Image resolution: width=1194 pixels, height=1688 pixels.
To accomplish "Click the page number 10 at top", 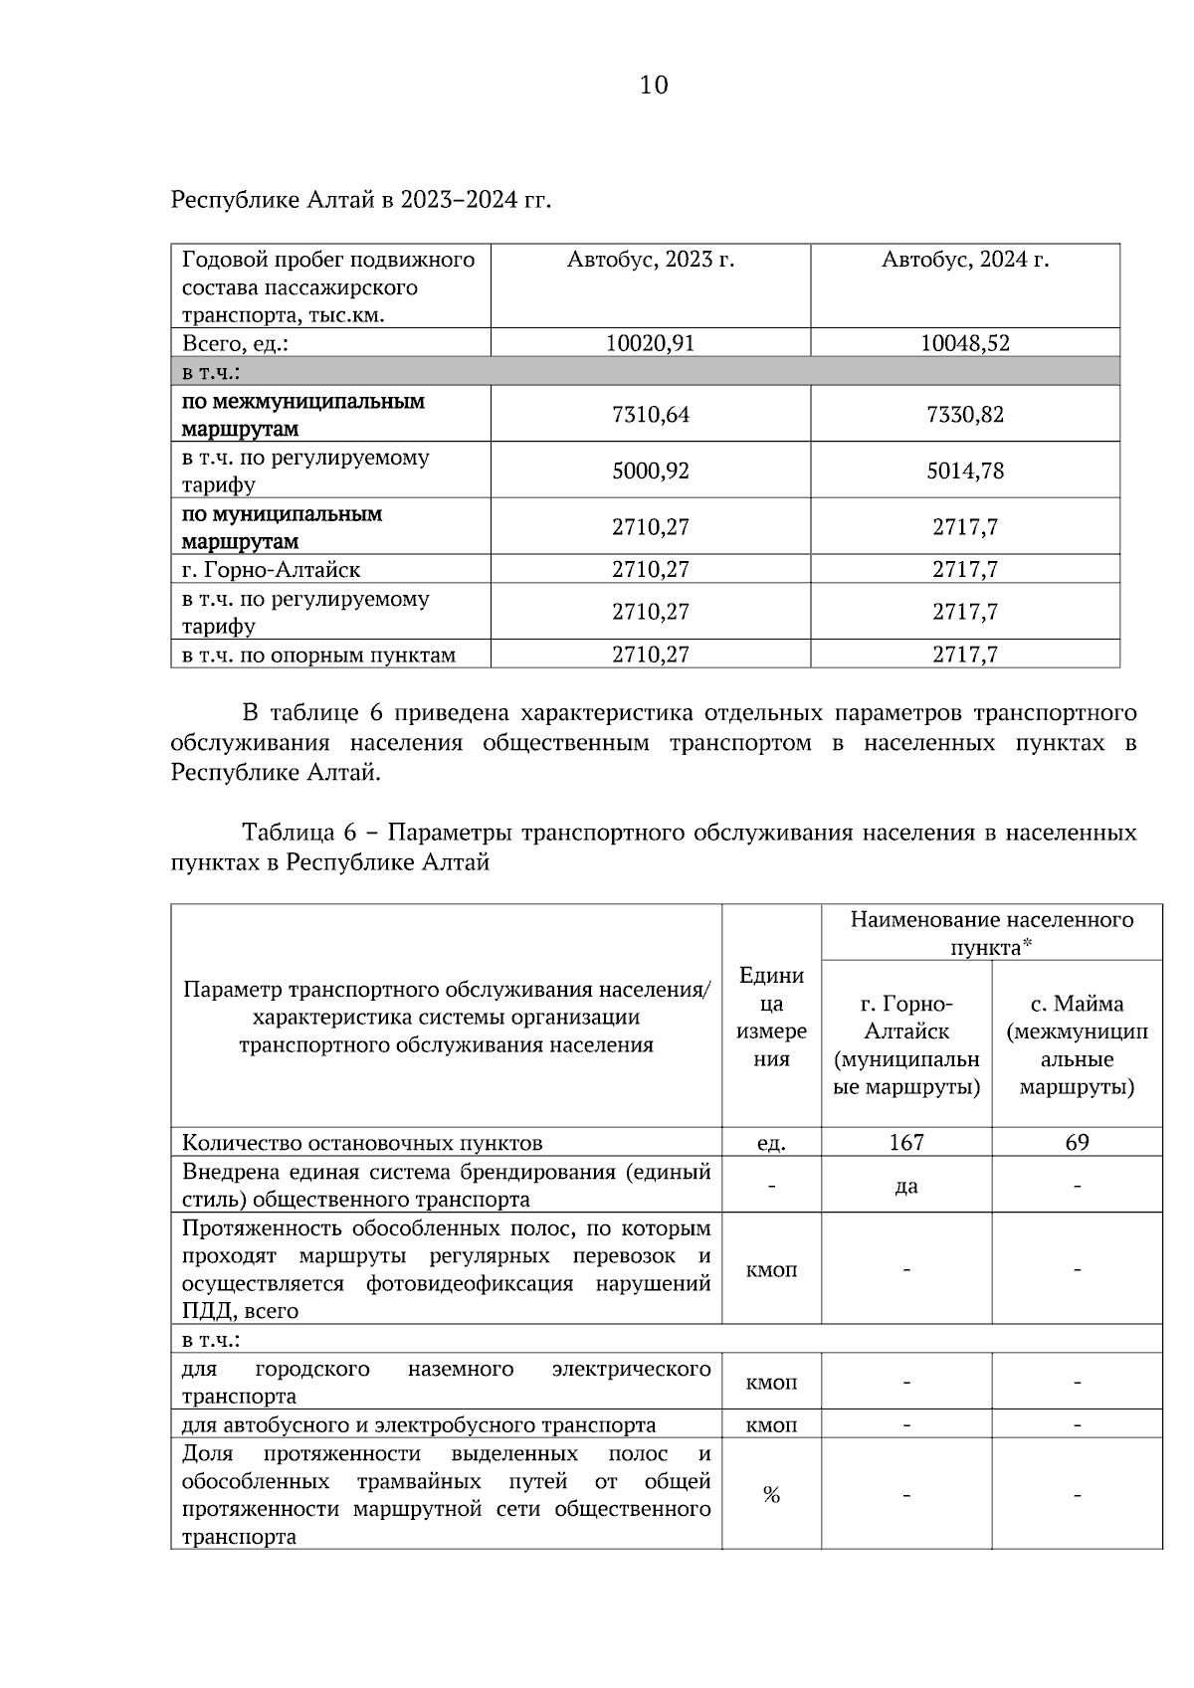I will (x=654, y=86).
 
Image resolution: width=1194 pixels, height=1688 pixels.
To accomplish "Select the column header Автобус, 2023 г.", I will (x=650, y=261).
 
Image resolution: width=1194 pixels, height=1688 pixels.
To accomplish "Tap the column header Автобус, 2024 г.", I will (x=964, y=261).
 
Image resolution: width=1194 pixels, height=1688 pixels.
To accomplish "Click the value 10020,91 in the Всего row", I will (x=650, y=344).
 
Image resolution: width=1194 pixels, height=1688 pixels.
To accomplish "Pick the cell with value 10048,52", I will (x=964, y=344).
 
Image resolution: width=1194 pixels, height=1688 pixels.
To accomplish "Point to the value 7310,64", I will (x=650, y=415).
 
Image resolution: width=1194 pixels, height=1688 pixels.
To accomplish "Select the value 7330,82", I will (x=964, y=415).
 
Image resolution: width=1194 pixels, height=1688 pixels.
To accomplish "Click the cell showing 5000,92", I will (x=650, y=471).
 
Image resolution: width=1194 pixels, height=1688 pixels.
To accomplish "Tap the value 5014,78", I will (x=964, y=471).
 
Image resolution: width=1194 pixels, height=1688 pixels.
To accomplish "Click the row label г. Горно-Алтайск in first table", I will (x=271, y=571).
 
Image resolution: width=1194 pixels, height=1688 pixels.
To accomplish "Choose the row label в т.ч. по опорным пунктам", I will (x=318, y=656).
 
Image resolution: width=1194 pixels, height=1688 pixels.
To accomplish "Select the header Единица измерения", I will (x=771, y=1017).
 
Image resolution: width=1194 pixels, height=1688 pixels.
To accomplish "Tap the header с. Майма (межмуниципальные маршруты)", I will (x=1077, y=1045).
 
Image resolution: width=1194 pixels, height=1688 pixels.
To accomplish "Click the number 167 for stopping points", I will (x=905, y=1143).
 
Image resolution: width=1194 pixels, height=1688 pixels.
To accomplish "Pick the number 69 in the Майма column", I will (x=1077, y=1143).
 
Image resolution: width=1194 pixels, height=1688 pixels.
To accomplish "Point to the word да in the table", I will (x=905, y=1187).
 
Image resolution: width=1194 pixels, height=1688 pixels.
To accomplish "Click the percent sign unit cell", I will (x=771, y=1494).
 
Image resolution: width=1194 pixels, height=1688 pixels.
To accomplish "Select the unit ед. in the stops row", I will (x=771, y=1144).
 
